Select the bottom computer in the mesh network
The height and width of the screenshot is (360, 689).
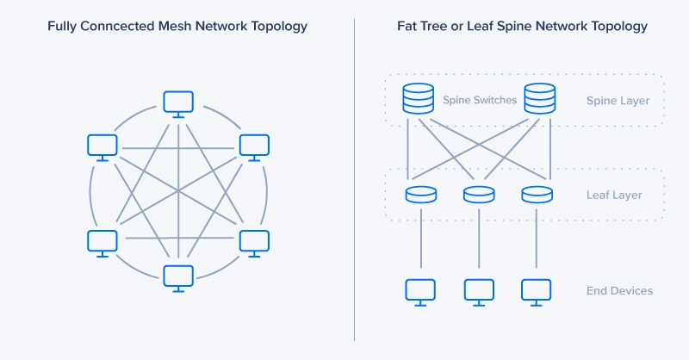point(178,276)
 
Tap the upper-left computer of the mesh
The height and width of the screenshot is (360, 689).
point(102,146)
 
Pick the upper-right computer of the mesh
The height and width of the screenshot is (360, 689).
point(254,146)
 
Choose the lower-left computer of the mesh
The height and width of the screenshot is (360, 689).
point(102,242)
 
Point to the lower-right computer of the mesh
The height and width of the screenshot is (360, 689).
point(254,242)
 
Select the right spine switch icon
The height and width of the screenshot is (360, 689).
point(539,102)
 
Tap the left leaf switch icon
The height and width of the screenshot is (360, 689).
point(420,195)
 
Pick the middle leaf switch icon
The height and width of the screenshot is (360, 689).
point(479,195)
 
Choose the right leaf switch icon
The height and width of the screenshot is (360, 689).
point(537,195)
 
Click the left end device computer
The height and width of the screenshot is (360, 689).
point(420,291)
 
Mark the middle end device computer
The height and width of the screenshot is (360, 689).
point(479,291)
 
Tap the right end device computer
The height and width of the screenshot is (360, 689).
point(537,291)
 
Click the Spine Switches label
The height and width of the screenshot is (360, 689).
point(480,101)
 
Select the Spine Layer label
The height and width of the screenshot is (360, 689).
point(618,101)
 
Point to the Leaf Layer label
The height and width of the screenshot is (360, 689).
point(614,196)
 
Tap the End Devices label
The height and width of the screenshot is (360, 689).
point(618,291)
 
